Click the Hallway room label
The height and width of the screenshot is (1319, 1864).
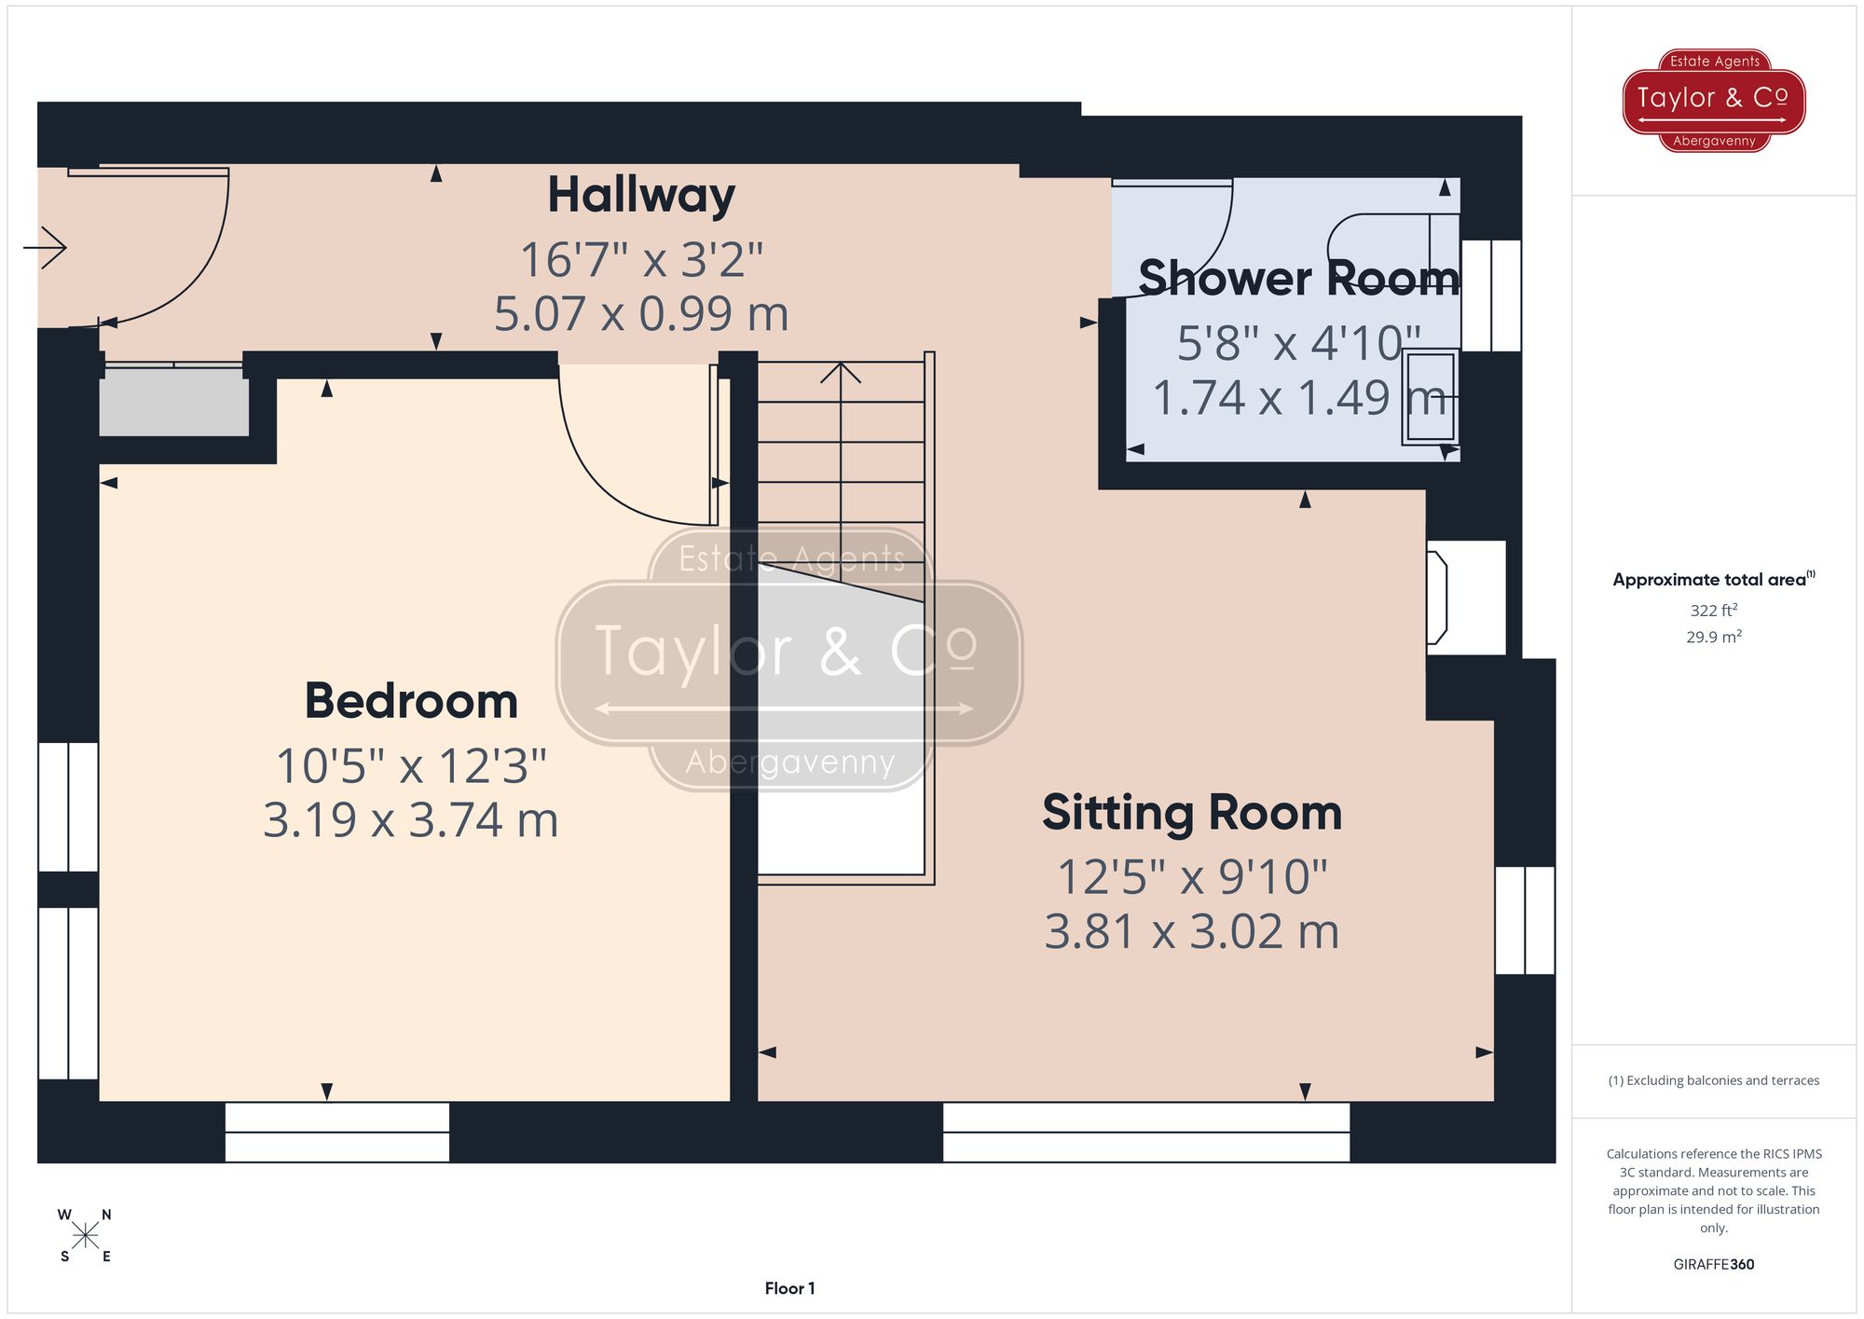pos(641,196)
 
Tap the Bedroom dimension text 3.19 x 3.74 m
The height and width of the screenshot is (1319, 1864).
pos(410,820)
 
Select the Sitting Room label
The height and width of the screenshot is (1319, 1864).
pos(1191,813)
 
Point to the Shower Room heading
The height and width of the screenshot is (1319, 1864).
pos(1297,279)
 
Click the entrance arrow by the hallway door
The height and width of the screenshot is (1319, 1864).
pos(45,248)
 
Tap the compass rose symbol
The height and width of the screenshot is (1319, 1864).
pos(85,1236)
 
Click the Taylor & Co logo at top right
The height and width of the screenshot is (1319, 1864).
pos(1713,100)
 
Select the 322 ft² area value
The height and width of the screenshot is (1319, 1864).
pos(1713,611)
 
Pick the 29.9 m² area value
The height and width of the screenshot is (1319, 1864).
pos(1713,638)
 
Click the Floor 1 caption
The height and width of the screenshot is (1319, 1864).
pos(789,1288)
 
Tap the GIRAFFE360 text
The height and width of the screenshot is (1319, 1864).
pos(1713,1265)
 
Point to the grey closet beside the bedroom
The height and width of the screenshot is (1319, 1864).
pos(173,403)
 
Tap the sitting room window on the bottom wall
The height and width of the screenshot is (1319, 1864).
pos(1145,1133)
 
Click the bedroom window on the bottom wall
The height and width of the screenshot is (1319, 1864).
pos(336,1133)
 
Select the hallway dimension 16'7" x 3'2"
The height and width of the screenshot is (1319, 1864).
pos(641,260)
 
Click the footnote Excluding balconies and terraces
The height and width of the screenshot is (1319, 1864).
pos(1713,1080)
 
